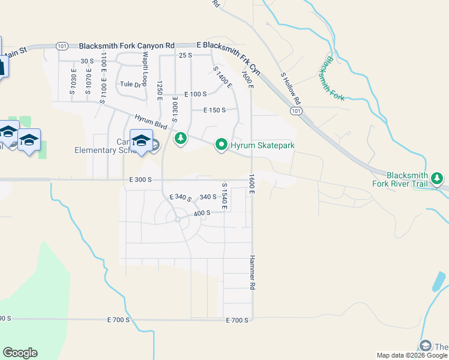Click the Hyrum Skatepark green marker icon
(221, 144)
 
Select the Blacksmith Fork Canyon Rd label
(127, 46)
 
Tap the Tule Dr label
(130, 85)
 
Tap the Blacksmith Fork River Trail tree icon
(438, 178)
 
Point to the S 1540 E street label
(225, 196)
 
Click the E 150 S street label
(214, 110)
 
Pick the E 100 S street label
(195, 95)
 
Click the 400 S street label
(202, 213)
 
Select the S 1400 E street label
(222, 77)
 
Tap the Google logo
(20, 353)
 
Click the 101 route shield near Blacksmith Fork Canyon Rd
(62, 46)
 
